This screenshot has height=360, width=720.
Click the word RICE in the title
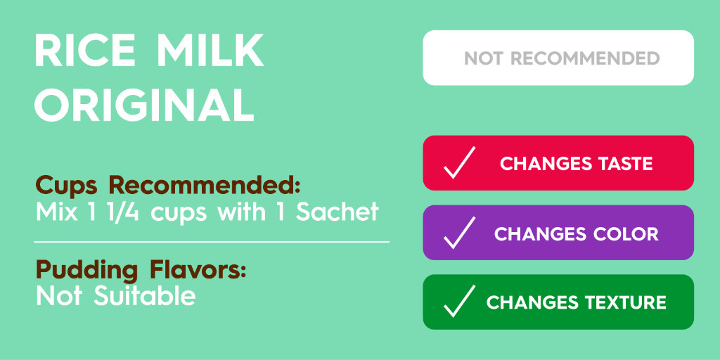[x=86, y=51]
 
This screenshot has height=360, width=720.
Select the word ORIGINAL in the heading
[x=145, y=105]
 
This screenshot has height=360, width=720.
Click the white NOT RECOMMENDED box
[x=558, y=58]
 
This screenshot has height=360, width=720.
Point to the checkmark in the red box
[x=459, y=163]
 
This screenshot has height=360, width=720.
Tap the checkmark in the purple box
[x=459, y=233]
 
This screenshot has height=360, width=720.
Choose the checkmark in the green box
[x=459, y=302]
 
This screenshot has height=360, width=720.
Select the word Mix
[x=56, y=212]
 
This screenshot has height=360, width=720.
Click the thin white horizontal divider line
[x=212, y=242]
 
